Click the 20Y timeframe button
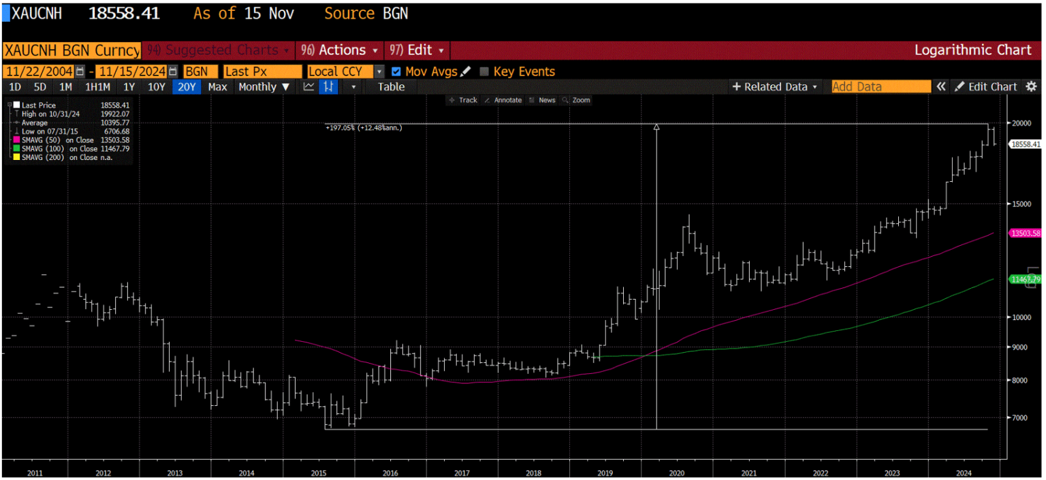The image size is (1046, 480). [x=187, y=87]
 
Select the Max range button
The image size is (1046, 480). [x=217, y=87]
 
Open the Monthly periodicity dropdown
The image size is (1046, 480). [x=264, y=87]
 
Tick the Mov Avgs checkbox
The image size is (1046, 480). [x=396, y=71]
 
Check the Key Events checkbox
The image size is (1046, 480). [x=484, y=71]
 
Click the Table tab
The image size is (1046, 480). [x=391, y=87]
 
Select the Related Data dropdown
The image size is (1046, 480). [x=775, y=87]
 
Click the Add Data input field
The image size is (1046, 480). [x=881, y=87]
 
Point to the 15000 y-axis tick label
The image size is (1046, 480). [x=1021, y=204]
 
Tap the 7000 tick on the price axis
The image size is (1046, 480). [x=1019, y=417]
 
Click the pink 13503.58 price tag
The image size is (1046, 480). [x=1026, y=233]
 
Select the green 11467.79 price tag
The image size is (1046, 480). [x=1026, y=279]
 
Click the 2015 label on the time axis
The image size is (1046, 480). [x=319, y=473]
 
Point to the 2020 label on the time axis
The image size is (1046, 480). [x=677, y=473]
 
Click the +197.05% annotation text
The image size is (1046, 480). [x=364, y=127]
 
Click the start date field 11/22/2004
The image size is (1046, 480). [x=39, y=71]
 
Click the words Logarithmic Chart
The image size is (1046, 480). [x=972, y=50]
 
